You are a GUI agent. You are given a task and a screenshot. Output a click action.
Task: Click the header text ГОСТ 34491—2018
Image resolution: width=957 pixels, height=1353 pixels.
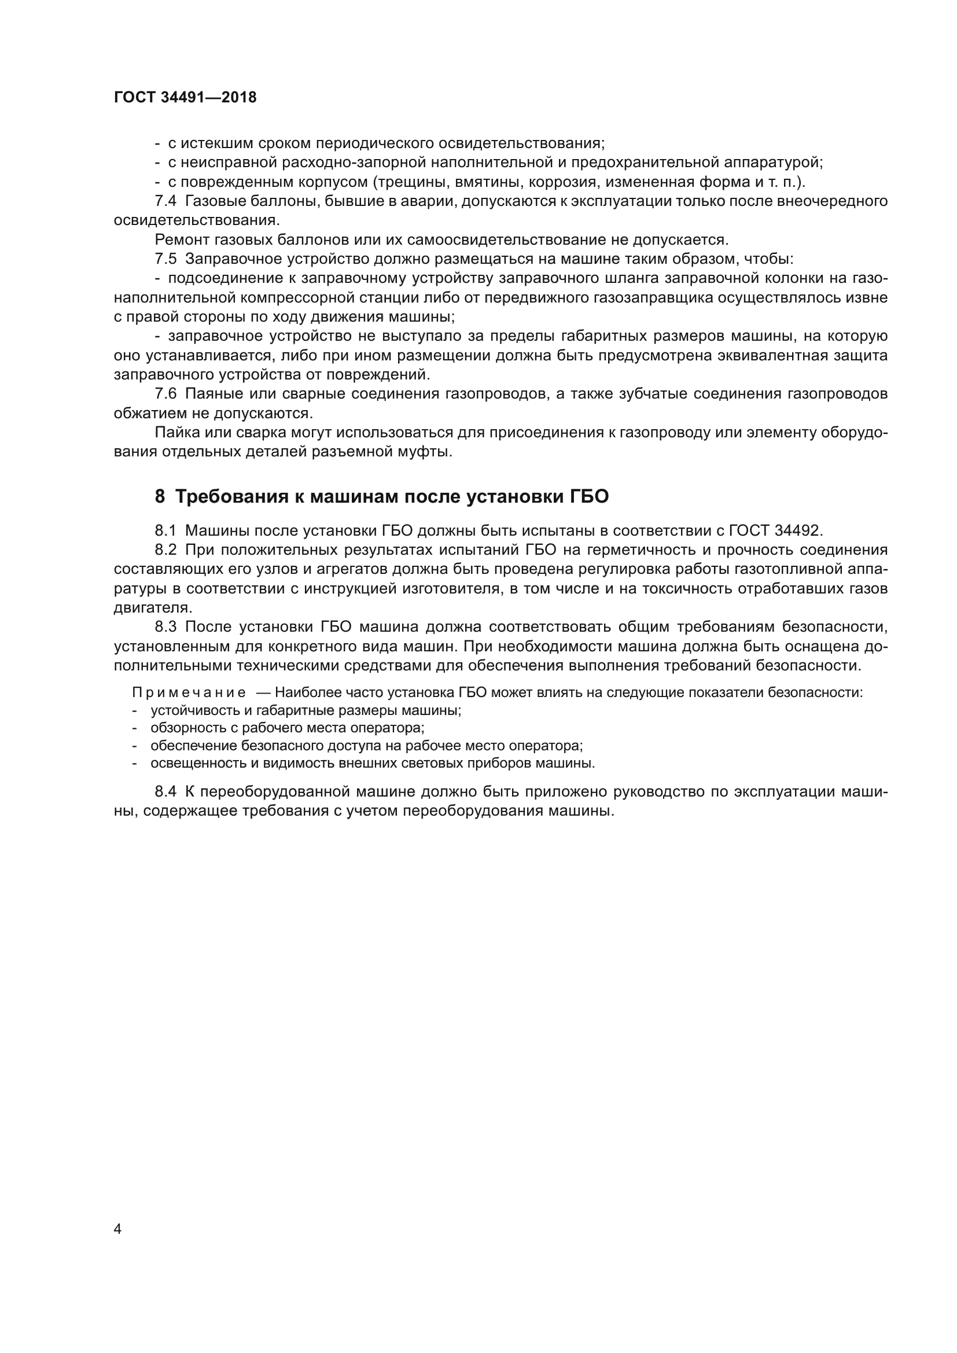tap(185, 98)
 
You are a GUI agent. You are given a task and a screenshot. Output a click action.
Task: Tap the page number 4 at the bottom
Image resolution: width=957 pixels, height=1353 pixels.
tap(117, 1229)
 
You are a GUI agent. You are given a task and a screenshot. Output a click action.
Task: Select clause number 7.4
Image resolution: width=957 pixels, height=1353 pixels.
tap(165, 201)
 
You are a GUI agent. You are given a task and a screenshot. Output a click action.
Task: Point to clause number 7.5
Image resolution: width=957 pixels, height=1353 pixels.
tap(165, 259)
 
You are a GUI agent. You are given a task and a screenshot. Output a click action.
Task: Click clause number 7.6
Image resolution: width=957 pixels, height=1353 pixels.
tap(165, 395)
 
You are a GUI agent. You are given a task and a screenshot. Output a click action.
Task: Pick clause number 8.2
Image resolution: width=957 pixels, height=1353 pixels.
tap(165, 550)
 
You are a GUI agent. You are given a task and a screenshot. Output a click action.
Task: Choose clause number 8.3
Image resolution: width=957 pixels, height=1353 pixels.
tap(165, 627)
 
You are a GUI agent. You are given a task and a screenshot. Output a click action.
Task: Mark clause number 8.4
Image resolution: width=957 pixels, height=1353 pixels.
tap(165, 791)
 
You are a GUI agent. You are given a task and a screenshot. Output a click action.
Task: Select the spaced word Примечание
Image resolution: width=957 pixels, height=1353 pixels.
tap(189, 692)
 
